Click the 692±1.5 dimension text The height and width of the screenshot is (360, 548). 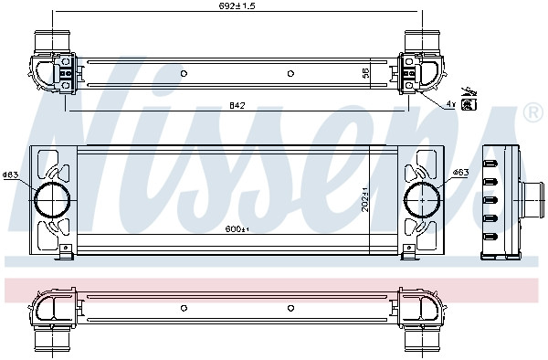tap(237, 6)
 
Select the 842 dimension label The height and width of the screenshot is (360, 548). tap(237, 105)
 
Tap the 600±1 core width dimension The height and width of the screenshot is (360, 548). tap(237, 229)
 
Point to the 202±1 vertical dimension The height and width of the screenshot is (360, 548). tap(365, 199)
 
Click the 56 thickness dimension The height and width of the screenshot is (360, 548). tap(365, 73)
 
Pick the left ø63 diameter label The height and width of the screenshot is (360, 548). tap(10, 175)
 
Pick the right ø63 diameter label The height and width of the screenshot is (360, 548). tap(460, 173)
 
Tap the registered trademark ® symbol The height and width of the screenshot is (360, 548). tap(533, 112)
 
